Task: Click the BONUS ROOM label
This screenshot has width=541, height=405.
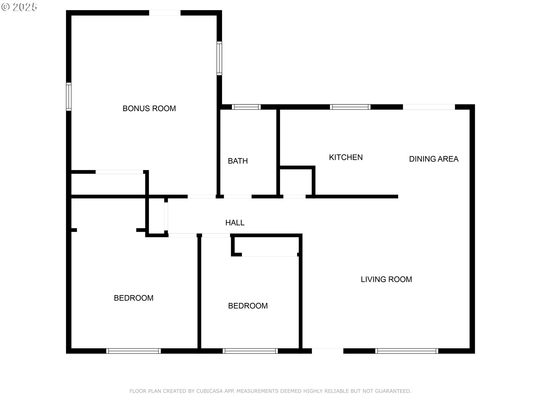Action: pos(149,109)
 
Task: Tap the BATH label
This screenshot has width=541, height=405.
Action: pos(238,161)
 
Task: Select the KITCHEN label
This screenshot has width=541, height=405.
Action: pos(346,157)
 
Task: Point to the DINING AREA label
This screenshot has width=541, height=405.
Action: pos(434,159)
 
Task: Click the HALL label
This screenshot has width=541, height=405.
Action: pos(235,223)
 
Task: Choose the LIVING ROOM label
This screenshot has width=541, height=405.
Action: pos(386,280)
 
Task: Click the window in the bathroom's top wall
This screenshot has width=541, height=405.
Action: pos(246,107)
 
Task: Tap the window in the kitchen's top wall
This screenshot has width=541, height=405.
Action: pos(350,107)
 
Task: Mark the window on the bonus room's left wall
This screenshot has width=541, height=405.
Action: pos(68,97)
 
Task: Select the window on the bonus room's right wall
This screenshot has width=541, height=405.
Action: pos(219,58)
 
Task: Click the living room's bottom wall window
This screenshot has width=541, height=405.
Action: pos(407,351)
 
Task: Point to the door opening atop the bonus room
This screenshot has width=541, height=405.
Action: pos(165,13)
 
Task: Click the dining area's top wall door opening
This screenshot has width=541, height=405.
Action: pos(429,107)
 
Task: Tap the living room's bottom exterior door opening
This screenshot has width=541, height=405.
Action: pos(328,351)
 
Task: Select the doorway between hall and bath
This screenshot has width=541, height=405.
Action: pos(238,197)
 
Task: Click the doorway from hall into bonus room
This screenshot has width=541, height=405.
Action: pos(202,197)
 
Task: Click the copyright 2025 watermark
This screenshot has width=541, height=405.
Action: pos(19,7)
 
